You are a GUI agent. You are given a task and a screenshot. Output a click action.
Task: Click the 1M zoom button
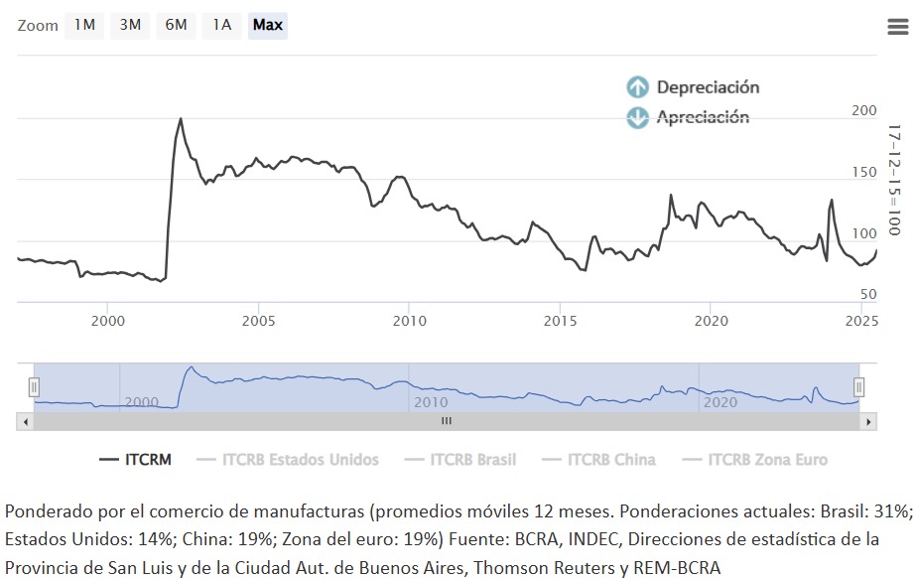tap(84, 25)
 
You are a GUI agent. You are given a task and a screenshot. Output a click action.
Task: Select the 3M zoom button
tap(130, 25)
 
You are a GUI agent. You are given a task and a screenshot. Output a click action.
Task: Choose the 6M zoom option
tap(176, 25)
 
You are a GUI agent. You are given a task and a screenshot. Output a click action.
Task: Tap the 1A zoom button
tap(221, 25)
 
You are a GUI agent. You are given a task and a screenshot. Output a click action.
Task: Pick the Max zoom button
tap(267, 25)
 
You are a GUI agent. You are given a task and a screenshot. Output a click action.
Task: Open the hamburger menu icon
tap(897, 27)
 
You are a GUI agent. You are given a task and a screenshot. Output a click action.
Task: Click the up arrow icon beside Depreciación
tap(637, 87)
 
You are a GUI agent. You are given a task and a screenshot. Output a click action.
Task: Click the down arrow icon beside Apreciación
tap(637, 118)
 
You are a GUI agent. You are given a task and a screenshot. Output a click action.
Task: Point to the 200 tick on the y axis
tap(864, 111)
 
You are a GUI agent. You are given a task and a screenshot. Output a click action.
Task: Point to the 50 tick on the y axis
tap(868, 294)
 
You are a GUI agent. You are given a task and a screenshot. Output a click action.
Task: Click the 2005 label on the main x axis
tap(258, 321)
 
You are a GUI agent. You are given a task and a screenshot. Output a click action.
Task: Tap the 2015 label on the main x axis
tap(560, 321)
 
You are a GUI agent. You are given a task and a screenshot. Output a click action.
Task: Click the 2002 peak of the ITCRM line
tap(181, 119)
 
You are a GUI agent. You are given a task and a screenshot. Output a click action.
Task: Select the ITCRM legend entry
tap(136, 460)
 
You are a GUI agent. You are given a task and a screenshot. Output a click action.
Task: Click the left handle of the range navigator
tap(34, 387)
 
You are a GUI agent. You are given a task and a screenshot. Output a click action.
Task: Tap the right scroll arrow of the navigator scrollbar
tap(869, 421)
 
